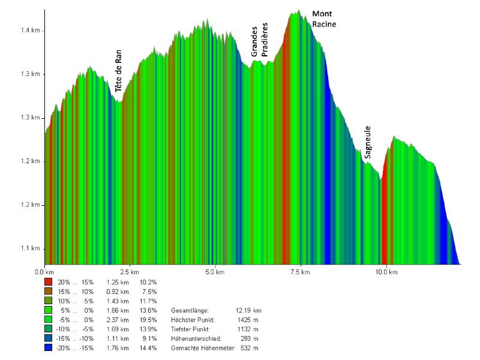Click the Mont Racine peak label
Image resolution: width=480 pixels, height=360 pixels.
(x=324, y=19)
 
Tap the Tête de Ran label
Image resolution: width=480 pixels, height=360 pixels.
(x=119, y=68)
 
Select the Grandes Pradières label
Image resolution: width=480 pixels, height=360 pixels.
(x=259, y=41)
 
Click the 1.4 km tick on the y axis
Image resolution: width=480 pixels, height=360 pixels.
(x=32, y=31)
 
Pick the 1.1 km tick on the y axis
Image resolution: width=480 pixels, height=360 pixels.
(x=32, y=248)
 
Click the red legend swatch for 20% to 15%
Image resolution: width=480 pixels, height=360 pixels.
(x=48, y=281)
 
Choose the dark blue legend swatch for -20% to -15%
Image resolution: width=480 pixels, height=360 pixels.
(x=48, y=349)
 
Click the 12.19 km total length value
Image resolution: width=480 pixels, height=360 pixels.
(x=248, y=310)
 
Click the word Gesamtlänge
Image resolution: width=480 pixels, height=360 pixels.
(x=190, y=310)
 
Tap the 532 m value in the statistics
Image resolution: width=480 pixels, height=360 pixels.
(x=250, y=349)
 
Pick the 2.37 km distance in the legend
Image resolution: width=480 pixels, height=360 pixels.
(x=118, y=320)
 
